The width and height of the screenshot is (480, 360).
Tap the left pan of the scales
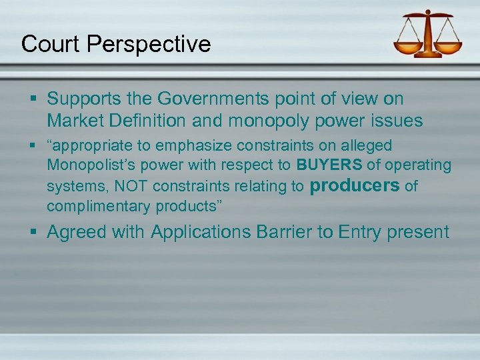coord(408,47)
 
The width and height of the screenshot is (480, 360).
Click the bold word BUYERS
coord(329,165)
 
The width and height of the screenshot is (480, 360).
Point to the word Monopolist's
coord(91,165)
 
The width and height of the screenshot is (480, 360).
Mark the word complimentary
coord(99,207)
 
